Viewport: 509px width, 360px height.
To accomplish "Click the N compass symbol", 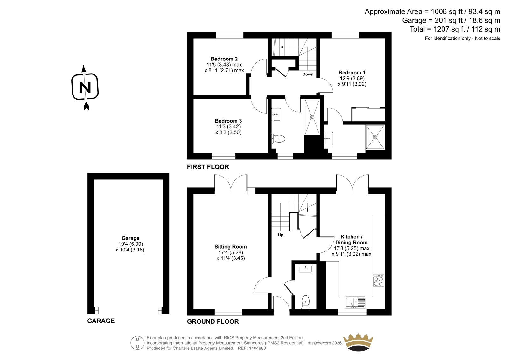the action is pos(85,87).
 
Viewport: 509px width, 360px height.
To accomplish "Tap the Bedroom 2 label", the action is pos(224,59).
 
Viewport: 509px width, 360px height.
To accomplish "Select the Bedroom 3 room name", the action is pos(228,121).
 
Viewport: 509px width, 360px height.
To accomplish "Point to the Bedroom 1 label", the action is pos(352,73).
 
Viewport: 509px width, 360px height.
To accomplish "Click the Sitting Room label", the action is pos(231,247).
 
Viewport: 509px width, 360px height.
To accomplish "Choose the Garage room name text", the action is pos(130,238).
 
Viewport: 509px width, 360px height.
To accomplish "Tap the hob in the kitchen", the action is pos(379,280).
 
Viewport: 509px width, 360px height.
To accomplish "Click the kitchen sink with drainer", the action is pos(355,302).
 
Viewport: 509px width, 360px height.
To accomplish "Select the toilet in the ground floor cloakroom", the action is pos(306,302).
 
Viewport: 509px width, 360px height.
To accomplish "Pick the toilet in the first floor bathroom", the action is pos(278,139).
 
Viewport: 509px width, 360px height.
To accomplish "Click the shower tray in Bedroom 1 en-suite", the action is pos(375,137).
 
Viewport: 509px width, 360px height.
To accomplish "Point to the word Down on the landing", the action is pos(308,74).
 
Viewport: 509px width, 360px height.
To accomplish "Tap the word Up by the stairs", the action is pos(281,235).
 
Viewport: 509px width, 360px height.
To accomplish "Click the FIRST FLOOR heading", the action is pos(208,167).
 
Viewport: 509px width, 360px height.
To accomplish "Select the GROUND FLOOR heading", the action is pos(213,321).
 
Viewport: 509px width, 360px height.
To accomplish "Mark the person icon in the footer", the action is pos(137,343).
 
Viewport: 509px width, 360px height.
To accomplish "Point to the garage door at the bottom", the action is pos(129,310).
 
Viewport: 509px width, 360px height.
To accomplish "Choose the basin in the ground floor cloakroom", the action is pos(306,269).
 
